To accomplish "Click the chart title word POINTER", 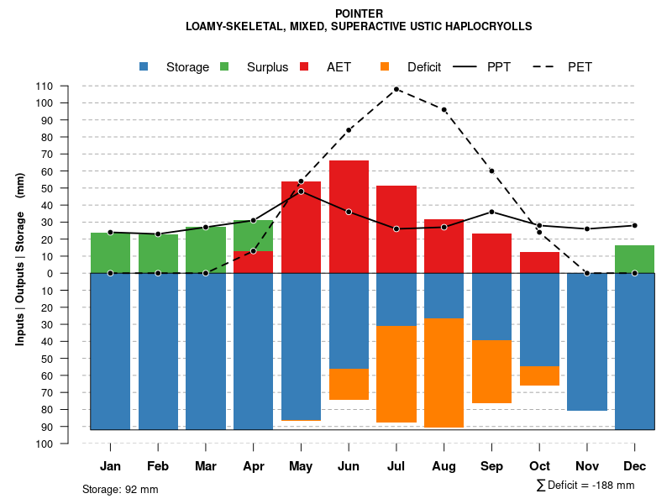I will pyautogui.click(x=359, y=13).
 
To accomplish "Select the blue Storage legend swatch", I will pyautogui.click(x=144, y=66).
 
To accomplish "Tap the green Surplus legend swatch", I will pyautogui.click(x=224, y=66).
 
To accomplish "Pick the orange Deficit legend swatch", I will pyautogui.click(x=384, y=66).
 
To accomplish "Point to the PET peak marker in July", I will pyautogui.click(x=396, y=89).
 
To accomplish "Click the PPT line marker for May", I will pyautogui.click(x=301, y=192).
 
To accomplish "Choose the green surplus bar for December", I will pyautogui.click(x=634, y=259).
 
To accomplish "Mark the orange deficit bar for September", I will pyautogui.click(x=491, y=371).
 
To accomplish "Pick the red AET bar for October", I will pyautogui.click(x=539, y=262).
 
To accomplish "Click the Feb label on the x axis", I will pyautogui.click(x=158, y=466).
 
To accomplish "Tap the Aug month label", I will pyautogui.click(x=444, y=466).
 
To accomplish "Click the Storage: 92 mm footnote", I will pyautogui.click(x=120, y=489).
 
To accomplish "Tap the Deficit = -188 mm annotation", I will pyautogui.click(x=585, y=486).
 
